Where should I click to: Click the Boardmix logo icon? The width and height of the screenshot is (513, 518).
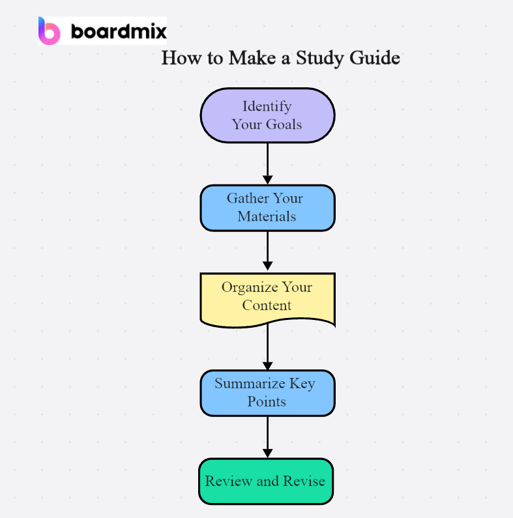49,31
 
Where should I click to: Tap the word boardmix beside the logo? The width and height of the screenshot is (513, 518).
119,31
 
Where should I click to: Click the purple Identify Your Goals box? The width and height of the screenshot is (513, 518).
267,115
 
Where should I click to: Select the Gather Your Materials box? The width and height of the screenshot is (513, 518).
267,207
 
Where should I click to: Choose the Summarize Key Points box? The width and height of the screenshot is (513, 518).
267,392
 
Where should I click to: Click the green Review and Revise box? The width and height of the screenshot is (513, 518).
266,482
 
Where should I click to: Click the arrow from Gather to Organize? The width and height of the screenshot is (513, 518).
267,251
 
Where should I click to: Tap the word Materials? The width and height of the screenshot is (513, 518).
267,216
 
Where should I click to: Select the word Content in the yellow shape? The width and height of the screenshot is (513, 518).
267,306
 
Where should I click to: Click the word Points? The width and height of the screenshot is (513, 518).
267,401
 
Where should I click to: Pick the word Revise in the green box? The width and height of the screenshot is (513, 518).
304,482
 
